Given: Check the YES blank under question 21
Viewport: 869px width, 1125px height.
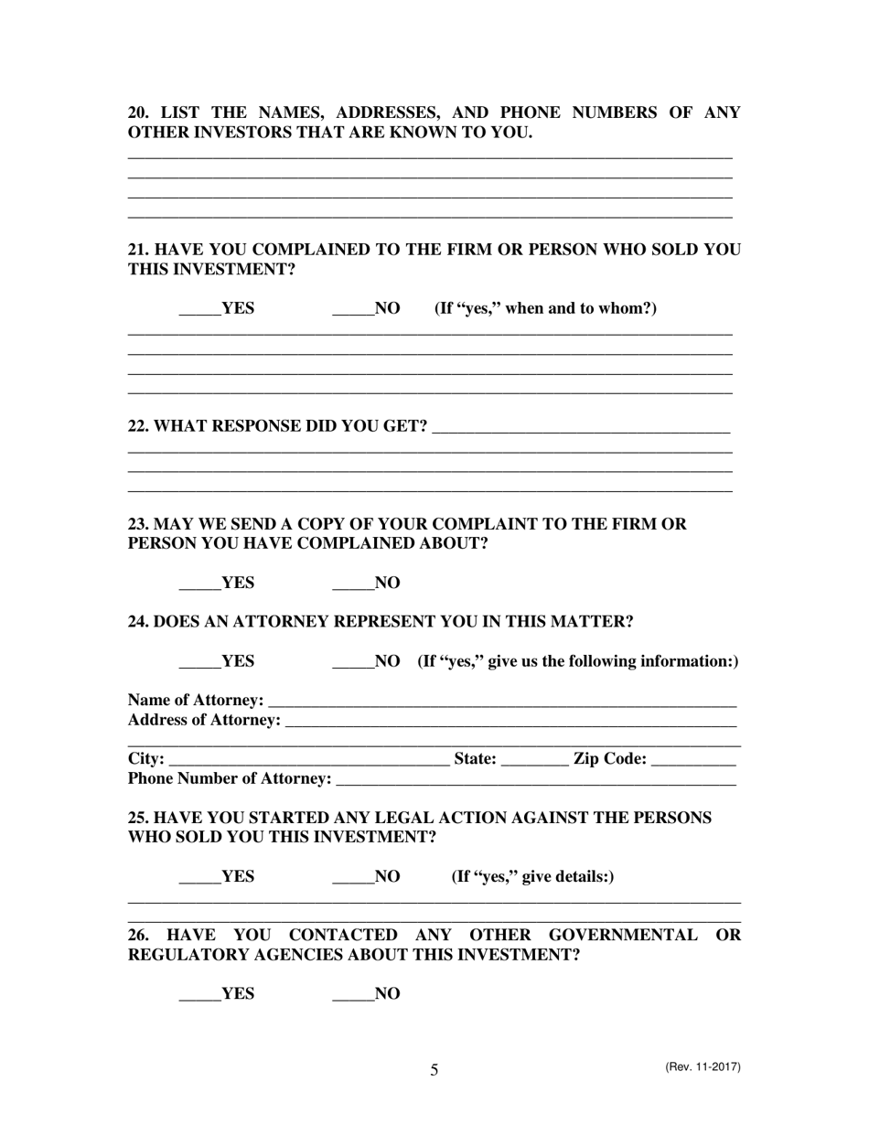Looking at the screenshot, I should [199, 309].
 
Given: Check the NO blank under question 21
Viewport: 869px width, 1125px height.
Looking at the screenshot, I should [353, 309].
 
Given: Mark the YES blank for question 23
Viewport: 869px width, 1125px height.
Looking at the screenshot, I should [199, 584].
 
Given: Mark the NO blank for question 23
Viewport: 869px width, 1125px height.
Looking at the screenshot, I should [353, 584].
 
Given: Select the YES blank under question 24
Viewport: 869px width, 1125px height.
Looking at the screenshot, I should [199, 661].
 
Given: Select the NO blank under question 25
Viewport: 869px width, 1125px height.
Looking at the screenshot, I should [353, 877].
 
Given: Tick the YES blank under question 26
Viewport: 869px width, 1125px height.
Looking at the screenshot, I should [199, 994].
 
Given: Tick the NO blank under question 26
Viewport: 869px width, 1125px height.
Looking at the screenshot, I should [353, 994].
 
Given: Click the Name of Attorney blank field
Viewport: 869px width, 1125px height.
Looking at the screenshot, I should [502, 701].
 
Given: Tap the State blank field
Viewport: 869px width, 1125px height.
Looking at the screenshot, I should [535, 759].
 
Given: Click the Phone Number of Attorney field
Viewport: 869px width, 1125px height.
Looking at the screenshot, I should [536, 779].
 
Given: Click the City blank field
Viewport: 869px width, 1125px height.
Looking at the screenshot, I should [309, 759].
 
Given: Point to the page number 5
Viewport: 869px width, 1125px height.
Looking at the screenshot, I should [434, 1070].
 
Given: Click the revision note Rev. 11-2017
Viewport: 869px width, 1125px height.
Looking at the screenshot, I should [703, 1067].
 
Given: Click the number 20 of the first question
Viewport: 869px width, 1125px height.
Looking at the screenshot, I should [137, 112].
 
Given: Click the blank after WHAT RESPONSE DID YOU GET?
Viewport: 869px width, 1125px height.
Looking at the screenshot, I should [580, 427].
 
